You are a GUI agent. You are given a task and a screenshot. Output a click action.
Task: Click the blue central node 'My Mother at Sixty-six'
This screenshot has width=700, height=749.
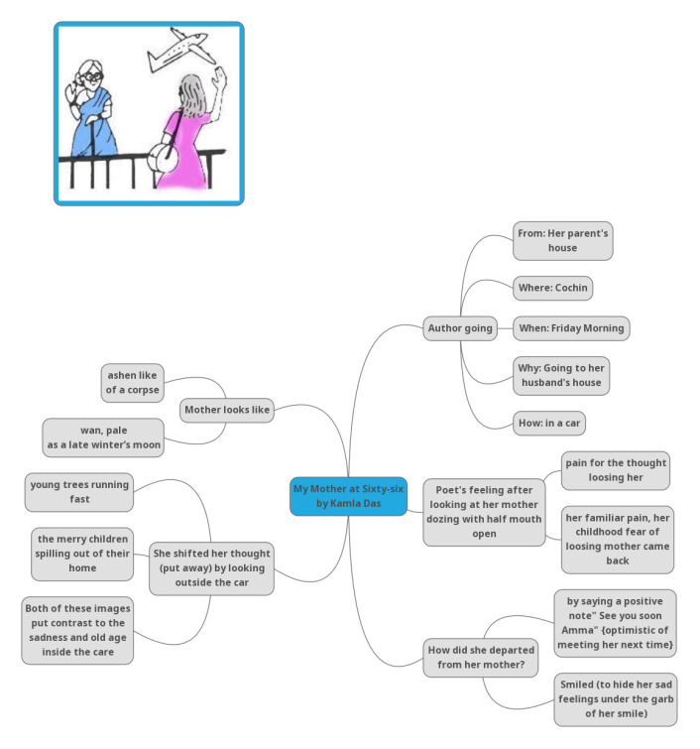348,496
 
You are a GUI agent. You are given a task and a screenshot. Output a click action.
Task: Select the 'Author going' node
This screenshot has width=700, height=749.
460,328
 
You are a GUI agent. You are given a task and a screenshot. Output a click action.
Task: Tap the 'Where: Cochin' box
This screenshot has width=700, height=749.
552,289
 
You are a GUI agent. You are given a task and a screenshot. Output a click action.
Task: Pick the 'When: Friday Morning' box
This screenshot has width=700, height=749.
571,328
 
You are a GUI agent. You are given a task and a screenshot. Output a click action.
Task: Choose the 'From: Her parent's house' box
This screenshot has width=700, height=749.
563,240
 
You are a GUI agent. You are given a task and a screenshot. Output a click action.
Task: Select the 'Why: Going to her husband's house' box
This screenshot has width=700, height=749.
562,375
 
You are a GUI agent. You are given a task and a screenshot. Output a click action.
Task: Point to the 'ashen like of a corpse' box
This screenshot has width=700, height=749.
134,383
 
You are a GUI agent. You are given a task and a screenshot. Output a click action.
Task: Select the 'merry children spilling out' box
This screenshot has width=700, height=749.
82,554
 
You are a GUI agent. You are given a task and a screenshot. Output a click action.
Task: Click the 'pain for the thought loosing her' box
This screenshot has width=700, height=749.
616,469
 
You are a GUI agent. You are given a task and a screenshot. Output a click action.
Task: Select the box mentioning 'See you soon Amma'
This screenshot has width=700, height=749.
616,623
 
